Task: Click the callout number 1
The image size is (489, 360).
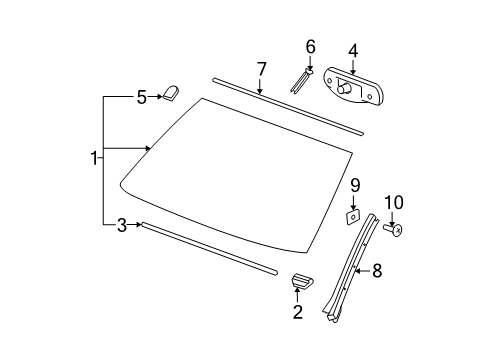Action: coord(94,159)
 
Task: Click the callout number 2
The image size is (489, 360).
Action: coord(297,313)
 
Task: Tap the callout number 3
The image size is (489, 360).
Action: coord(122,226)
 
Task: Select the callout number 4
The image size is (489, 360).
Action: coord(353,49)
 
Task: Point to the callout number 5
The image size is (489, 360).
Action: coord(141,97)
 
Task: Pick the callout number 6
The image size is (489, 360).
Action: coord(310,46)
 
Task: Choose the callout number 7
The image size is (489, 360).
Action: coord(261,68)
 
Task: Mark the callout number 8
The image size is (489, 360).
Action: coord(377,269)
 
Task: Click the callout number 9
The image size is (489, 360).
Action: coord(353,185)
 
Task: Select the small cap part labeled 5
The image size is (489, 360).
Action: coord(171,94)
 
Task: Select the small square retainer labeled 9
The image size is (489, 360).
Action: coord(353,215)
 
